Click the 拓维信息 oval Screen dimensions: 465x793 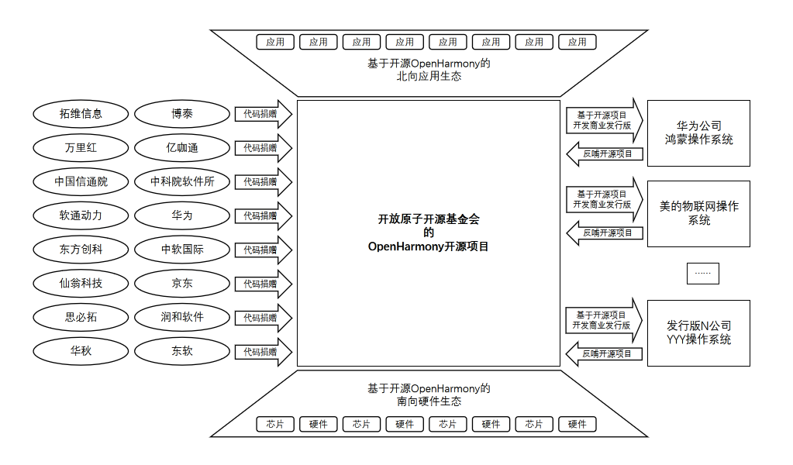pos(81,114)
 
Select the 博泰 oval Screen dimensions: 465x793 pos(182,114)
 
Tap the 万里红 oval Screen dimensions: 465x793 pos(81,148)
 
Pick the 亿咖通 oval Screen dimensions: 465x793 pos(182,148)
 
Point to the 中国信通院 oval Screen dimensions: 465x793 pos(81,182)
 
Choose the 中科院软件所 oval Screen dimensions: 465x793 pos(182,182)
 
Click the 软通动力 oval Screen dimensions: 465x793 pos(81,215)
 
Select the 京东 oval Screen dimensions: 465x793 pos(182,284)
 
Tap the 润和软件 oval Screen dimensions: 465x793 pos(182,317)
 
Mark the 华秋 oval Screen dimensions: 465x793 pos(81,351)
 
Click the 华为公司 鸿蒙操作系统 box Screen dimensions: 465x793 pos(698,133)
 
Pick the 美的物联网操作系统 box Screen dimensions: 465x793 pos(698,213)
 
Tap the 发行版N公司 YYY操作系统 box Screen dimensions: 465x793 pos(698,332)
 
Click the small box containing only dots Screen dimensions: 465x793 pos(702,274)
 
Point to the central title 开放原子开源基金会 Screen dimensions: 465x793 pos(428,219)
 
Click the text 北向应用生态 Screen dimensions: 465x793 pos(428,77)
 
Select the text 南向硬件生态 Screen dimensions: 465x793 pos(428,401)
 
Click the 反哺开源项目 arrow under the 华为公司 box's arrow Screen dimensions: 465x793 pos(605,153)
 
